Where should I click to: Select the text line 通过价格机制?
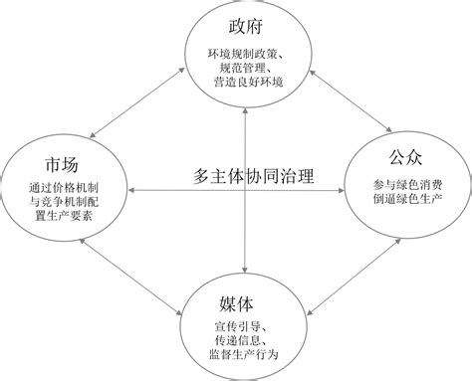point(64,186)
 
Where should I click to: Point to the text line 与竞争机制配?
point(64,201)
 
